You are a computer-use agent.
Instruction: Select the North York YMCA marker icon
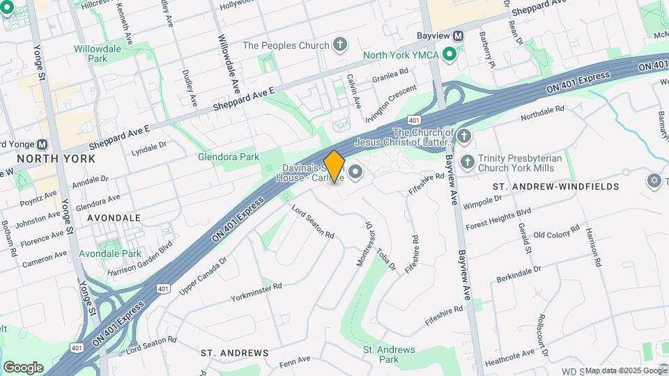[x=449, y=54]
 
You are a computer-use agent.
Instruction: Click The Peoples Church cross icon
[x=340, y=46]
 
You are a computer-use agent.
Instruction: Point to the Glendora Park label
[x=229, y=157]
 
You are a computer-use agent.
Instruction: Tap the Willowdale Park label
[x=98, y=54]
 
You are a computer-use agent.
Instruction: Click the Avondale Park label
[x=110, y=253]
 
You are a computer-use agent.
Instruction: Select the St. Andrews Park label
[x=390, y=354]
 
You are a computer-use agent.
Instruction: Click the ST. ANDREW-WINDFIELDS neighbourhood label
[x=555, y=187]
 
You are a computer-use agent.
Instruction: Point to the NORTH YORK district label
[x=56, y=159]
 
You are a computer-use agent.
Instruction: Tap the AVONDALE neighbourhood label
[x=114, y=218]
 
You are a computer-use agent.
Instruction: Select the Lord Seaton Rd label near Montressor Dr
[x=313, y=222]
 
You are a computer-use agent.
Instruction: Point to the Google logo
[x=23, y=368]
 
